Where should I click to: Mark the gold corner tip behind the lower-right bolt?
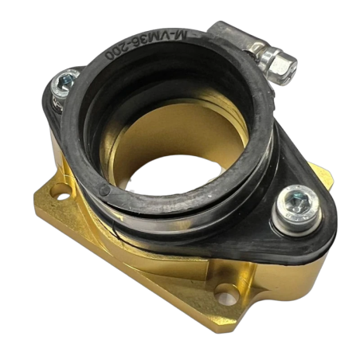click(x=322, y=170)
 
